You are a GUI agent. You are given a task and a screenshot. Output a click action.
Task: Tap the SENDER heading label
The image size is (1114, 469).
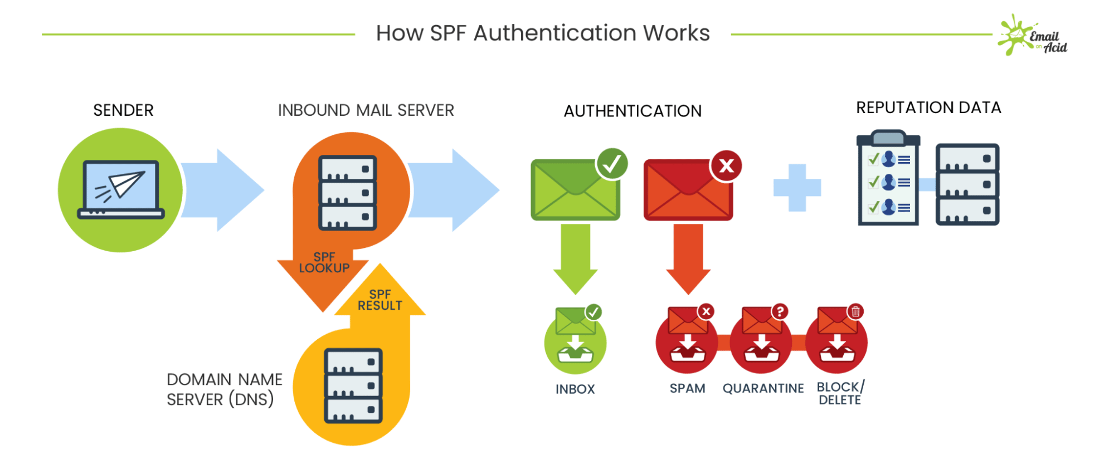(123, 110)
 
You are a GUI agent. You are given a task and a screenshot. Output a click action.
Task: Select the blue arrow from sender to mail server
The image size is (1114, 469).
(223, 190)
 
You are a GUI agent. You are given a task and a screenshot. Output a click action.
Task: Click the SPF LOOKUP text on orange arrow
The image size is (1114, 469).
(324, 262)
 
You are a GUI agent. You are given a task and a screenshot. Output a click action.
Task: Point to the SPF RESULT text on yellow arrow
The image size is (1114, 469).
(380, 300)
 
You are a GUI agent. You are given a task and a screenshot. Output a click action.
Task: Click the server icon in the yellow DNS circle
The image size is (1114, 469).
(353, 385)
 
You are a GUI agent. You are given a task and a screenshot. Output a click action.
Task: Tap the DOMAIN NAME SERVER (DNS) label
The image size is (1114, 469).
(224, 389)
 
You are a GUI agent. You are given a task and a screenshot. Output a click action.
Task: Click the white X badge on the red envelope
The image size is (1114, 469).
(726, 165)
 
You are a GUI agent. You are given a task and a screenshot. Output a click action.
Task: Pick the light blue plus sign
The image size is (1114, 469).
(797, 188)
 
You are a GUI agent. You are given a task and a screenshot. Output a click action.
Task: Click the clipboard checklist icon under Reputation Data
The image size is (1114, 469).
(888, 179)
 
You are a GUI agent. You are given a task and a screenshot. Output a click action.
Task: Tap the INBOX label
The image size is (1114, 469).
(575, 389)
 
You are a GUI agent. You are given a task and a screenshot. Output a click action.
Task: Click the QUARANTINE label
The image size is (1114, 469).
(763, 388)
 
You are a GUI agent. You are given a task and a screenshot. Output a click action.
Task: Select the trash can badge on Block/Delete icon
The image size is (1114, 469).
(855, 311)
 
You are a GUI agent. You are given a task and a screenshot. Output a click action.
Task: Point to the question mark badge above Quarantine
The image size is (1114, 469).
(780, 311)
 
